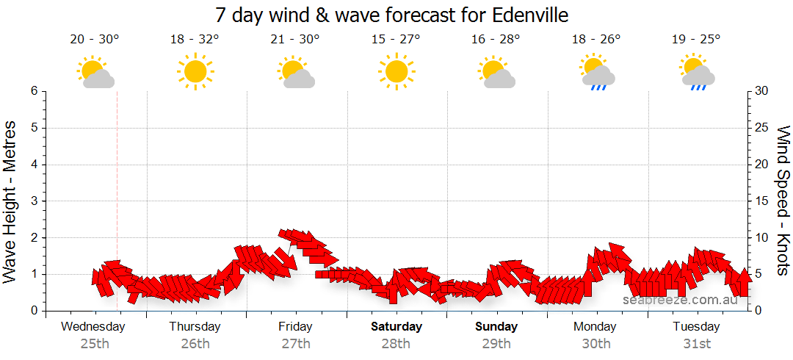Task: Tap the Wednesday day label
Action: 94,326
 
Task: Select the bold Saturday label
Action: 396,326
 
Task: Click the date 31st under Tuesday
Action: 696,343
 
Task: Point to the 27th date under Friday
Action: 295,343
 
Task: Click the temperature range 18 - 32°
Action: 195,40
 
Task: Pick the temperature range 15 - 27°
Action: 396,40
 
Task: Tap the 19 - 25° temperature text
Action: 695,40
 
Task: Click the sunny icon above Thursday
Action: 195,71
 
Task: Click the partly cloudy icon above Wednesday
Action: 95,72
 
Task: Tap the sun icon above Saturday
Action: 396,71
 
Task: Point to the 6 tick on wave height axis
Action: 34,91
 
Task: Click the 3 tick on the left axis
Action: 34,201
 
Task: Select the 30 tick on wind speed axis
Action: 761,91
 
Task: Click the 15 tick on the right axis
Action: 761,201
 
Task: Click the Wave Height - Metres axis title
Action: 11,201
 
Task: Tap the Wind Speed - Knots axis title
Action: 783,201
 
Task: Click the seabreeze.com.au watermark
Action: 679,300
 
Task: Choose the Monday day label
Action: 595,326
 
